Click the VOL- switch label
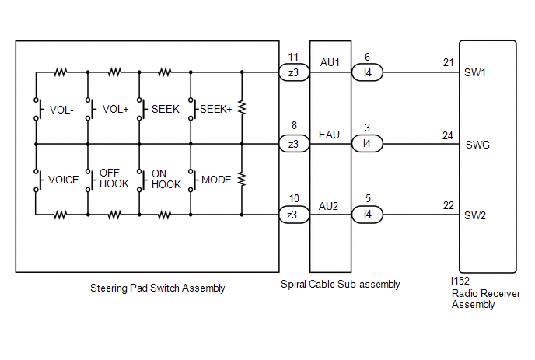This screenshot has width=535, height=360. click(x=61, y=110)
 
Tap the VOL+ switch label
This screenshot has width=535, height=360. click(x=116, y=109)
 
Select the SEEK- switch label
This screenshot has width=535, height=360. click(x=167, y=109)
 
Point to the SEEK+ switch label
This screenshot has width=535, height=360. click(x=216, y=109)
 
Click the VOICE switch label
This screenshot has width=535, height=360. click(x=64, y=180)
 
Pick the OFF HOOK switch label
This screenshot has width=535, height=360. click(x=114, y=179)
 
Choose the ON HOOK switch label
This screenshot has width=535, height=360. click(x=166, y=179)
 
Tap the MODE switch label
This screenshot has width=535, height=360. click(x=216, y=180)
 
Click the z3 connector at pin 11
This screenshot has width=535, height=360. click(x=294, y=72)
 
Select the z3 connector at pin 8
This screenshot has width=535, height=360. click(x=294, y=144)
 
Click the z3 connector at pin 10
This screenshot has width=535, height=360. click(x=294, y=215)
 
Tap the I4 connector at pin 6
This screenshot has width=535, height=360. click(x=367, y=72)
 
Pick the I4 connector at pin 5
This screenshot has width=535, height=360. click(x=367, y=215)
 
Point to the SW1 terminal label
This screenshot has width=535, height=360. click(x=475, y=72)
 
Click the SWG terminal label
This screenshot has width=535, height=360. click(x=477, y=145)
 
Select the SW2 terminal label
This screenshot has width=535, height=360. click(x=475, y=215)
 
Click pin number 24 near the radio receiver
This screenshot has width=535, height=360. click(x=448, y=136)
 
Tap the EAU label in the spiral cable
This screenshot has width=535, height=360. click(x=329, y=135)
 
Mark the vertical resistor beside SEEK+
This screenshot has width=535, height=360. click(x=242, y=108)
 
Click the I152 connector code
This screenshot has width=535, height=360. click(x=460, y=281)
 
